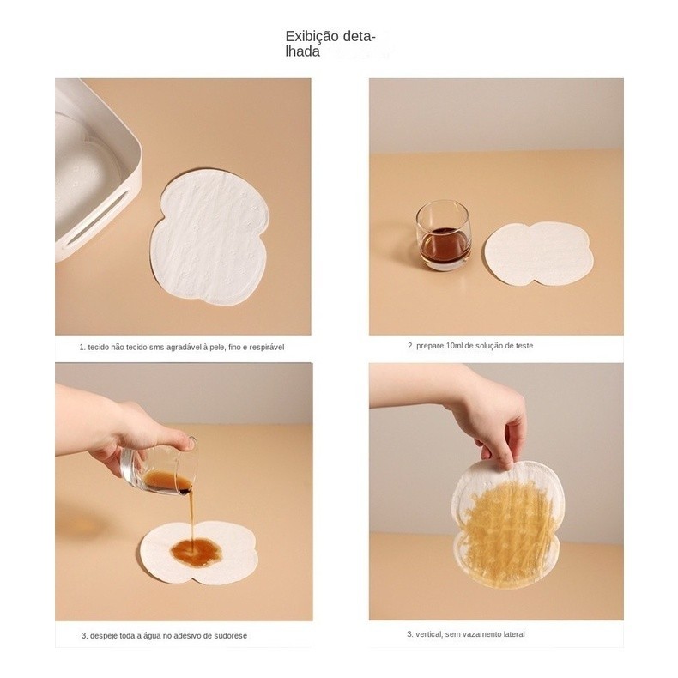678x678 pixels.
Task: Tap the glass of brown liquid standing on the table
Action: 443,235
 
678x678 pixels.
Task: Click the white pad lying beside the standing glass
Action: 538,254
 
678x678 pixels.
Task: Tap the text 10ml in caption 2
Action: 454,346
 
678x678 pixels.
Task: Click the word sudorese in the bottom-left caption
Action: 231,636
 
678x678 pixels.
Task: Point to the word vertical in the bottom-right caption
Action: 429,634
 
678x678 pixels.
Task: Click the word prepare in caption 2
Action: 430,347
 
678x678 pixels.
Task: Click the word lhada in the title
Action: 302,51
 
